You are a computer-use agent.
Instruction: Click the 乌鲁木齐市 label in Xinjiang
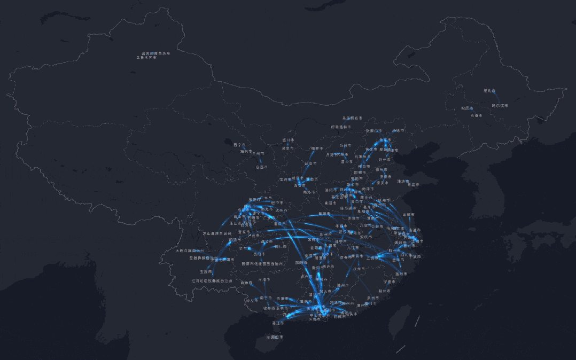pos(147,57)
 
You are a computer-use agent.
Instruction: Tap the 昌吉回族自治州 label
pos(155,53)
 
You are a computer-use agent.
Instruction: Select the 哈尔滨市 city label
pos(500,105)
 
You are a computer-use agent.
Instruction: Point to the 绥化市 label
pos(489,91)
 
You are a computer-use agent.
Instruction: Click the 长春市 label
pos(476,115)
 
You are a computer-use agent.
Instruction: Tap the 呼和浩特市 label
pos(341,127)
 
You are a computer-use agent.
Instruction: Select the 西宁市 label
pos(239,144)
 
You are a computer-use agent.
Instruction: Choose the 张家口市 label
pos(373,130)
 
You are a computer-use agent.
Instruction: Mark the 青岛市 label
pos(411,185)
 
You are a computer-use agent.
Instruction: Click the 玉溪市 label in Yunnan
pos(207,271)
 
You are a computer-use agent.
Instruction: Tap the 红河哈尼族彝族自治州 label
pos(213,280)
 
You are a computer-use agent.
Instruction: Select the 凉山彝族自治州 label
pos(217,233)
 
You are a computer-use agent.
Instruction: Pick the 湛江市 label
pos(277,323)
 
